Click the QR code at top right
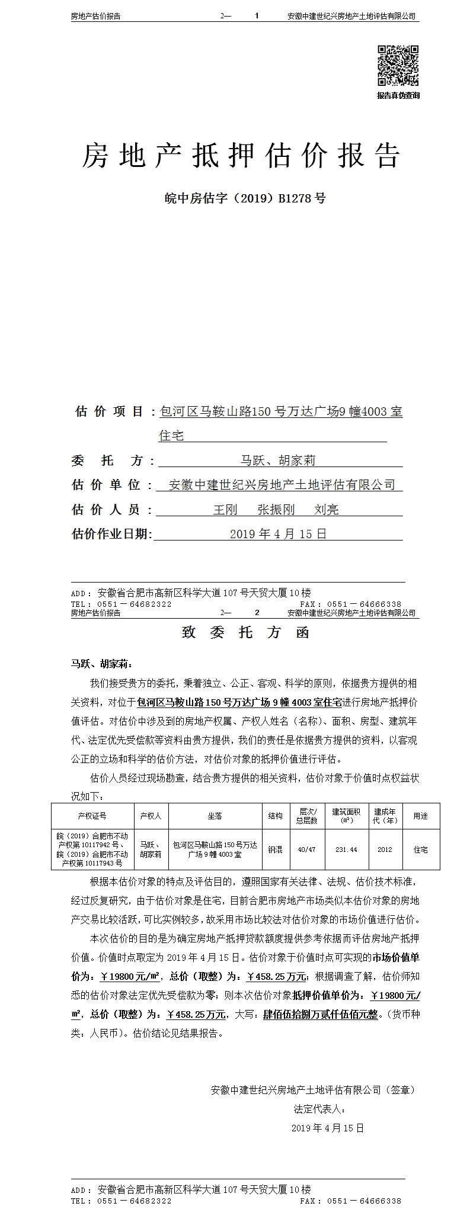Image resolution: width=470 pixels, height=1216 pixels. click(x=398, y=66)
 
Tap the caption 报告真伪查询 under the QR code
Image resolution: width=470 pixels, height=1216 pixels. click(x=398, y=95)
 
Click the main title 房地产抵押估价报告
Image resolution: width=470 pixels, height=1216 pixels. click(x=241, y=156)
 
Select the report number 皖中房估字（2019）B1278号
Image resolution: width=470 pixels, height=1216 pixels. click(x=245, y=198)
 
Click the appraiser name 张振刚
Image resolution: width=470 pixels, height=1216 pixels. click(x=276, y=509)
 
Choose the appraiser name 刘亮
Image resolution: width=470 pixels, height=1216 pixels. click(x=327, y=509)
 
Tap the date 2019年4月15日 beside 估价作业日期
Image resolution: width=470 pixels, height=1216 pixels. click(x=278, y=534)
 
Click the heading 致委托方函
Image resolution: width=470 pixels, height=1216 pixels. click(x=245, y=632)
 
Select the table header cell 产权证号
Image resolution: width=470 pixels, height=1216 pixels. click(x=92, y=816)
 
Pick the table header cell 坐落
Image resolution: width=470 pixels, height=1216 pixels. click(x=215, y=816)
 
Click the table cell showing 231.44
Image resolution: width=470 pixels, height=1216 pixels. click(x=346, y=850)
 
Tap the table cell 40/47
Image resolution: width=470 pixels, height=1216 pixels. click(x=307, y=850)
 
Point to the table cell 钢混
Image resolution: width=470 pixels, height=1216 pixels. click(x=275, y=850)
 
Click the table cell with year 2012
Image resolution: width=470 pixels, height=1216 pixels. click(x=384, y=850)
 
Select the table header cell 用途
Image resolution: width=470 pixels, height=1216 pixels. click(x=420, y=816)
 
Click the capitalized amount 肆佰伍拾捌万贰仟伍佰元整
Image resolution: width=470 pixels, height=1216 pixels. click(x=320, y=1014)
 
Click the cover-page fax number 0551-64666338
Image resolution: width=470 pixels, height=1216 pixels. click(x=363, y=604)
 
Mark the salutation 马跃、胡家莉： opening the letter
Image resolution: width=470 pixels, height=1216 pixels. click(x=98, y=664)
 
